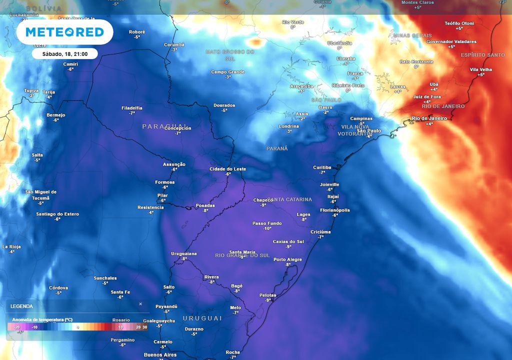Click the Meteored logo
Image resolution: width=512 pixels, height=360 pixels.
[x=64, y=32]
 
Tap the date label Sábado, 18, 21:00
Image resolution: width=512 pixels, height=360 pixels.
[x=64, y=53]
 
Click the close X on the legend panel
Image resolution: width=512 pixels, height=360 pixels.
[x=140, y=303]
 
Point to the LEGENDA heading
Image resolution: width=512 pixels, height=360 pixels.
[x=22, y=306]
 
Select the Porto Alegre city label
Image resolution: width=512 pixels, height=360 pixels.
[x=287, y=259]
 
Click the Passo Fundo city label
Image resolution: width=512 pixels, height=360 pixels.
[x=267, y=223]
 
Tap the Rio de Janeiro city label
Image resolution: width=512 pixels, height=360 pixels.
[x=429, y=118]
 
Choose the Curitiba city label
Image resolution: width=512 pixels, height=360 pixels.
[x=322, y=167]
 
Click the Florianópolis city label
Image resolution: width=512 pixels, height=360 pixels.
[x=335, y=210]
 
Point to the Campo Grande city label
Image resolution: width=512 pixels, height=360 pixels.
[x=228, y=72]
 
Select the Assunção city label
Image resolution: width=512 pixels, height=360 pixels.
[x=174, y=164]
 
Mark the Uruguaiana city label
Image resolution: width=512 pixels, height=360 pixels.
[x=184, y=253]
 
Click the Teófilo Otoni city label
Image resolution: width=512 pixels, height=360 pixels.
[x=458, y=23]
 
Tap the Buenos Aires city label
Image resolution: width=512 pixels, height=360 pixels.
[x=160, y=355]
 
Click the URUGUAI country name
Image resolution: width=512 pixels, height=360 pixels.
[x=202, y=318]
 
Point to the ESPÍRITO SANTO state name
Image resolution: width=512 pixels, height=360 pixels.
[x=483, y=55]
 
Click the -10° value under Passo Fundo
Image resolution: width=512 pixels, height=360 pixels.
[x=267, y=228]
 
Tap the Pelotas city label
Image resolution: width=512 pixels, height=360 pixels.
[x=268, y=295]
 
